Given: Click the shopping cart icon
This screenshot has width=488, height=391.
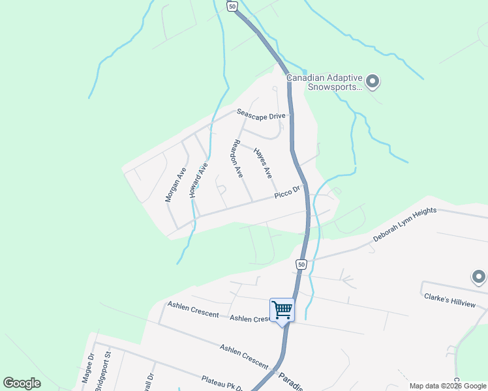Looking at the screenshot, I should tap(282, 310).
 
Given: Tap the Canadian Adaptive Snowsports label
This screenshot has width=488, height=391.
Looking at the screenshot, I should tap(324, 81).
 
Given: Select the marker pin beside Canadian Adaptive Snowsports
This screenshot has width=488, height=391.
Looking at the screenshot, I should tap(373, 82).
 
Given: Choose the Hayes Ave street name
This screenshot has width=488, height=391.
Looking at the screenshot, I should tap(262, 162).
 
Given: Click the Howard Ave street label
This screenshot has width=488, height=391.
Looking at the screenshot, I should tap(198, 180).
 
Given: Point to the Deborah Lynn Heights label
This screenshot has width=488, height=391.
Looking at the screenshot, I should tap(404, 225).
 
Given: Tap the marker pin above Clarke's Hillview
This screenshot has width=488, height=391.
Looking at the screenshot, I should tap(480, 278).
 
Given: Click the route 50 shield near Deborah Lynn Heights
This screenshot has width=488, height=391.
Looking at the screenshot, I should tap(300, 264).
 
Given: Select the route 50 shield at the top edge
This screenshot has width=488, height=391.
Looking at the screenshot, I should tap(232, 5).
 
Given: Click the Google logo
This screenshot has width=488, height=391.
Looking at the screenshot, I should tap(22, 383).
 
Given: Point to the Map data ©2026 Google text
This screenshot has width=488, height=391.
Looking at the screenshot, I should tap(447, 386).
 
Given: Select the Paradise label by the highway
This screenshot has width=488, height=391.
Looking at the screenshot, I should tap(290, 381).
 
